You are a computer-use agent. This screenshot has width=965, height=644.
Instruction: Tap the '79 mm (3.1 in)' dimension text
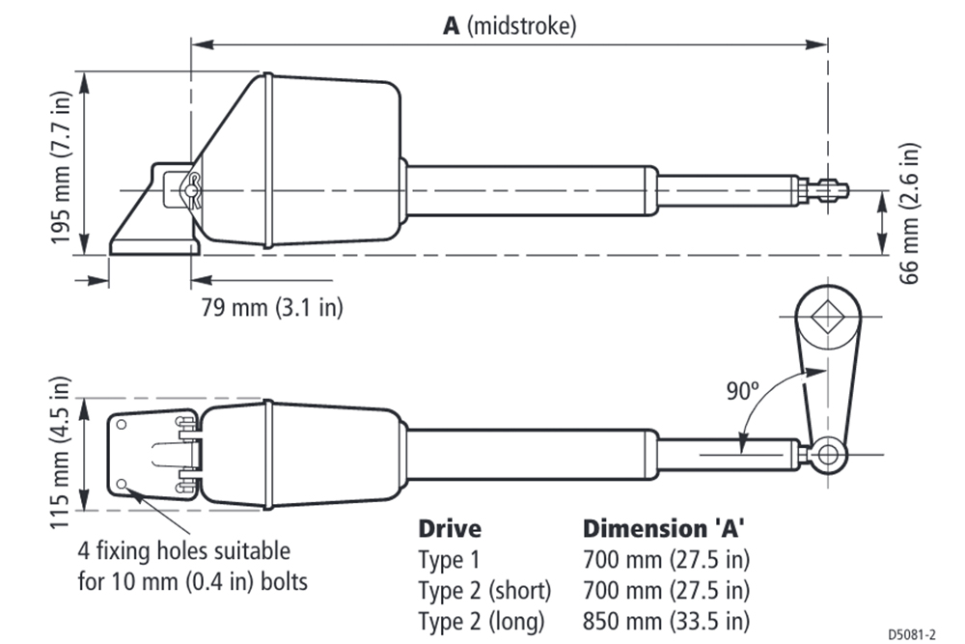(x=271, y=308)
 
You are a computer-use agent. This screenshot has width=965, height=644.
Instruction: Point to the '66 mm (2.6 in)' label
(x=908, y=213)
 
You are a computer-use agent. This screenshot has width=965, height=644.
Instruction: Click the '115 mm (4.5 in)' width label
(x=65, y=453)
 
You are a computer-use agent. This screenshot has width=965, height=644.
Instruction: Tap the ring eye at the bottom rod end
(x=826, y=453)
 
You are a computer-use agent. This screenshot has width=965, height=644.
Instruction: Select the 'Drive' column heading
(x=450, y=529)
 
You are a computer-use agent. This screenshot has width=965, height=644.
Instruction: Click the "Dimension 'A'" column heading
(x=665, y=529)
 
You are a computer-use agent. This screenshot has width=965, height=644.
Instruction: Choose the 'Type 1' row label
(x=450, y=559)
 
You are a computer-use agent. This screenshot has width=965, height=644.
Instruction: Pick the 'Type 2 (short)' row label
(x=484, y=590)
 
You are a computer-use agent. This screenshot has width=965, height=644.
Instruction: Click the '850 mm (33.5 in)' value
(x=666, y=620)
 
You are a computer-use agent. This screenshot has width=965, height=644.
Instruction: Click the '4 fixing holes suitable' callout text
(x=184, y=552)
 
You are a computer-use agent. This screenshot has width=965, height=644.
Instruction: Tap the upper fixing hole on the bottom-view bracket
(x=123, y=424)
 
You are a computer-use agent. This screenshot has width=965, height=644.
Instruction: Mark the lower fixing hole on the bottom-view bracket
(x=123, y=483)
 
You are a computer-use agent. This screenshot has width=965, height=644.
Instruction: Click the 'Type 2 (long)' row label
(x=482, y=620)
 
